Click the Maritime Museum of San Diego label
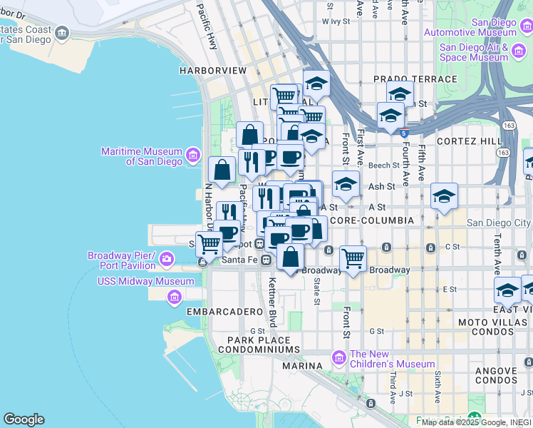point(142,156)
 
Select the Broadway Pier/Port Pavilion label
point(121,260)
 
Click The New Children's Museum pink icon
point(339,356)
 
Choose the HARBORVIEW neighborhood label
point(212,71)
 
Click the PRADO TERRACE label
point(415,78)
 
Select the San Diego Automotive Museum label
point(470,27)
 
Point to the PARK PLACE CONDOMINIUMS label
point(259,345)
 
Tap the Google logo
point(24,419)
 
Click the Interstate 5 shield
point(404,133)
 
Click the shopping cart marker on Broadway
point(353,258)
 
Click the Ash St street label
point(381,186)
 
